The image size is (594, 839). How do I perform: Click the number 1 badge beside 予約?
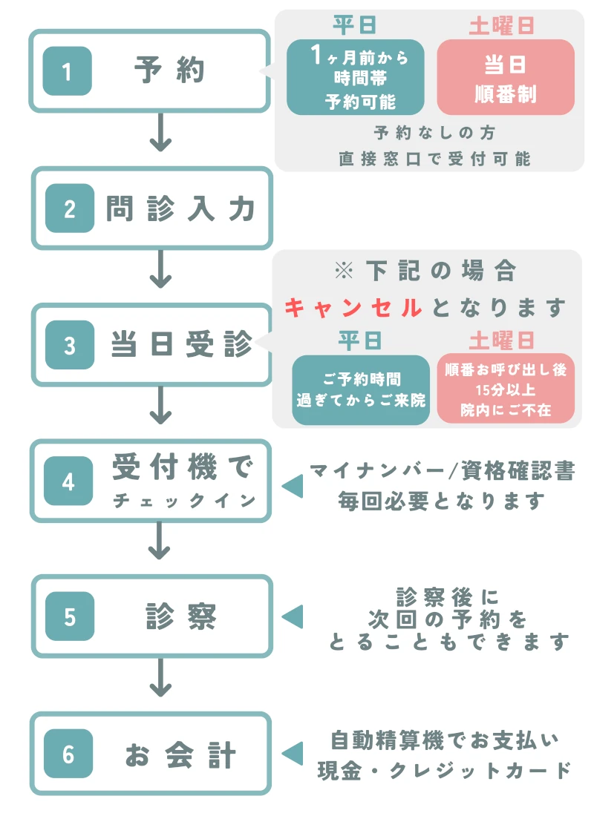tap(67, 71)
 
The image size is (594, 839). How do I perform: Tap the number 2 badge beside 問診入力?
tap(70, 208)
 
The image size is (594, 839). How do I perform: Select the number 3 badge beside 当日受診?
tap(70, 345)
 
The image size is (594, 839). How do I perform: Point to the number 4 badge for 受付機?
tap(68, 481)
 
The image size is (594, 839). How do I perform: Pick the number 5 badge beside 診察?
tap(70, 617)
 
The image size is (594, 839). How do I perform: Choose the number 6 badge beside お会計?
tap(68, 754)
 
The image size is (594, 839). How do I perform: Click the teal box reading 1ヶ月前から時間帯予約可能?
tap(356, 77)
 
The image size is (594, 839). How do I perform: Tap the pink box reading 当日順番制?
tap(505, 77)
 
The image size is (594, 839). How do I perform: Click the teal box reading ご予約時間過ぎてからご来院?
tap(361, 390)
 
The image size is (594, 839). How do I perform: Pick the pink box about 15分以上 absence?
tap(505, 390)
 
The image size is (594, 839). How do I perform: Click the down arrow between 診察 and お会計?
tap(160, 681)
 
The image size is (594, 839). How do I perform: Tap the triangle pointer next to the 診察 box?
tap(293, 616)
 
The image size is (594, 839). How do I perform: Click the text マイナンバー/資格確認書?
tap(442, 471)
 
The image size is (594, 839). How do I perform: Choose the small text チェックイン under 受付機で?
tap(184, 501)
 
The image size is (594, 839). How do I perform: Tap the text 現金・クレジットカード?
tap(444, 769)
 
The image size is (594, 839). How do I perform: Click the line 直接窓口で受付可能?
tap(434, 158)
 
